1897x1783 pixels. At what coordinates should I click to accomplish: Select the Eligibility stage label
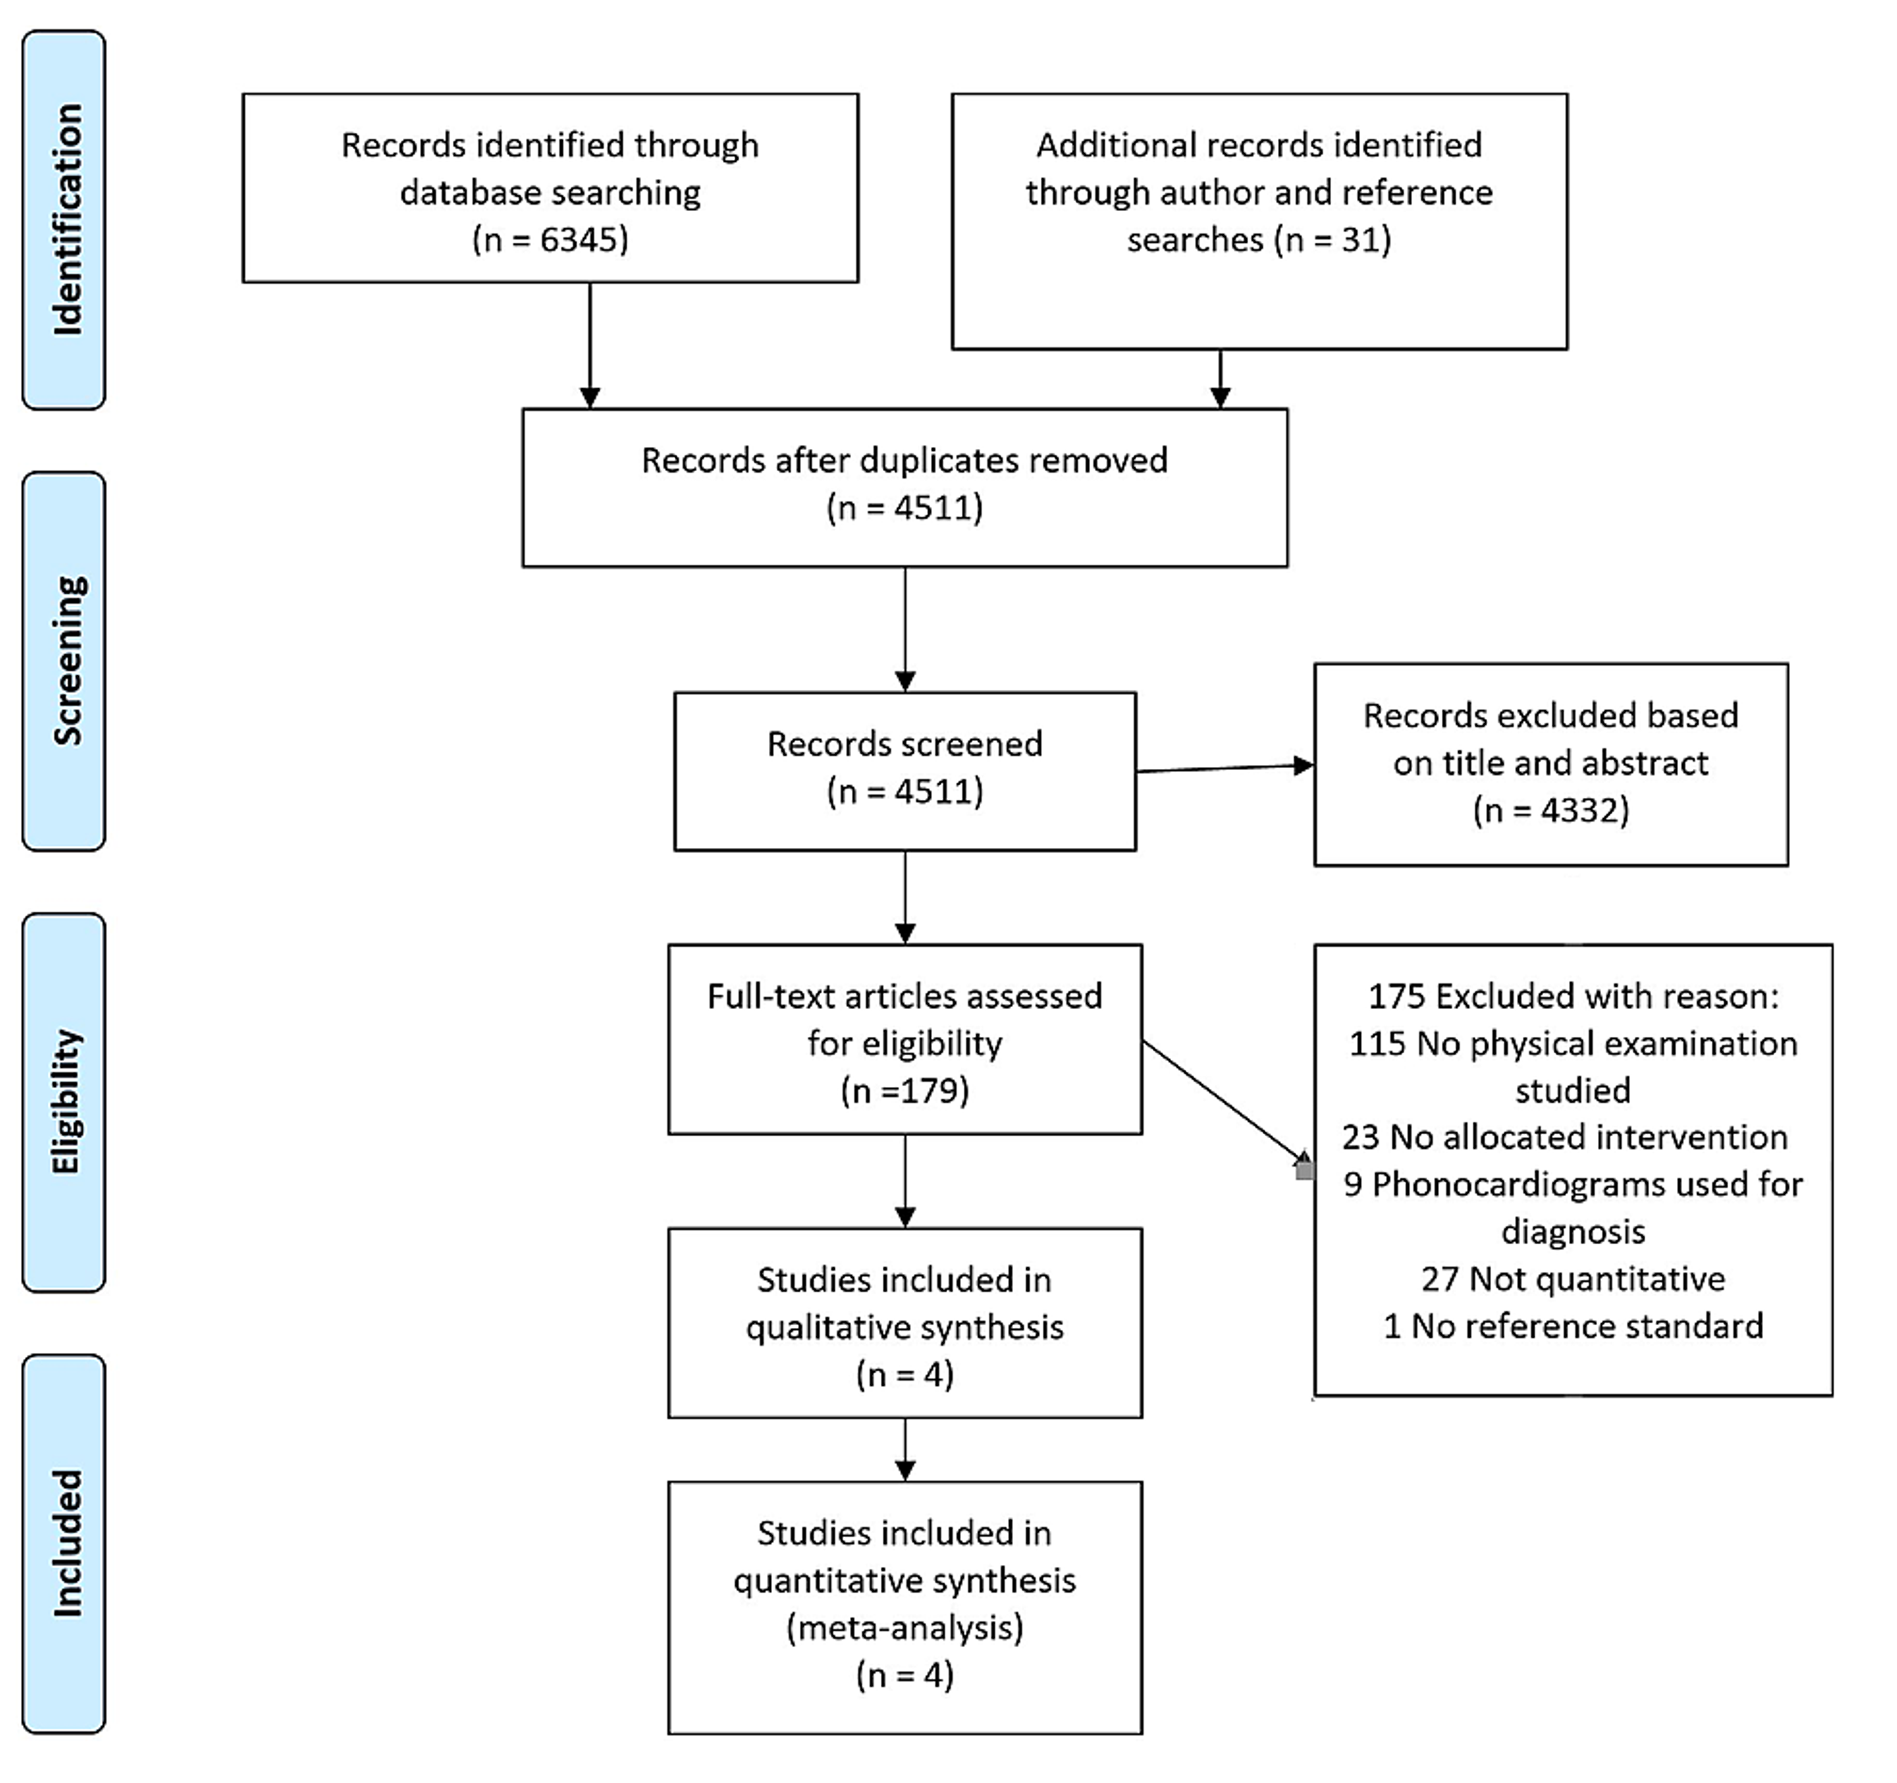[x=65, y=1102]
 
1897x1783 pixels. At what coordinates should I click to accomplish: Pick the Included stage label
[x=65, y=1543]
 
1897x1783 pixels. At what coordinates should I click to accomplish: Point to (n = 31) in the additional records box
[x=1332, y=240]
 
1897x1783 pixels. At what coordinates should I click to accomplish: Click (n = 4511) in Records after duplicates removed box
[x=905, y=508]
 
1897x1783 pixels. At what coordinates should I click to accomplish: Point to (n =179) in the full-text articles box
[x=905, y=1091]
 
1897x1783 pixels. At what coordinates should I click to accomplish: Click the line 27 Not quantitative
[x=1573, y=1279]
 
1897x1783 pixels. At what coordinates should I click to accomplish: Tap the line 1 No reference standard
[x=1573, y=1326]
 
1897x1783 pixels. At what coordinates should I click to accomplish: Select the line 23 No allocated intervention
[x=1565, y=1137]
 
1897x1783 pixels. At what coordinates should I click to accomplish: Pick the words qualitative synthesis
[x=905, y=1328]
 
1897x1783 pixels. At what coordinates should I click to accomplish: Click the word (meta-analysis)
[x=905, y=1627]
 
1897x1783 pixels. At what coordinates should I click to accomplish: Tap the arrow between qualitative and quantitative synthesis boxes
[x=905, y=1449]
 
